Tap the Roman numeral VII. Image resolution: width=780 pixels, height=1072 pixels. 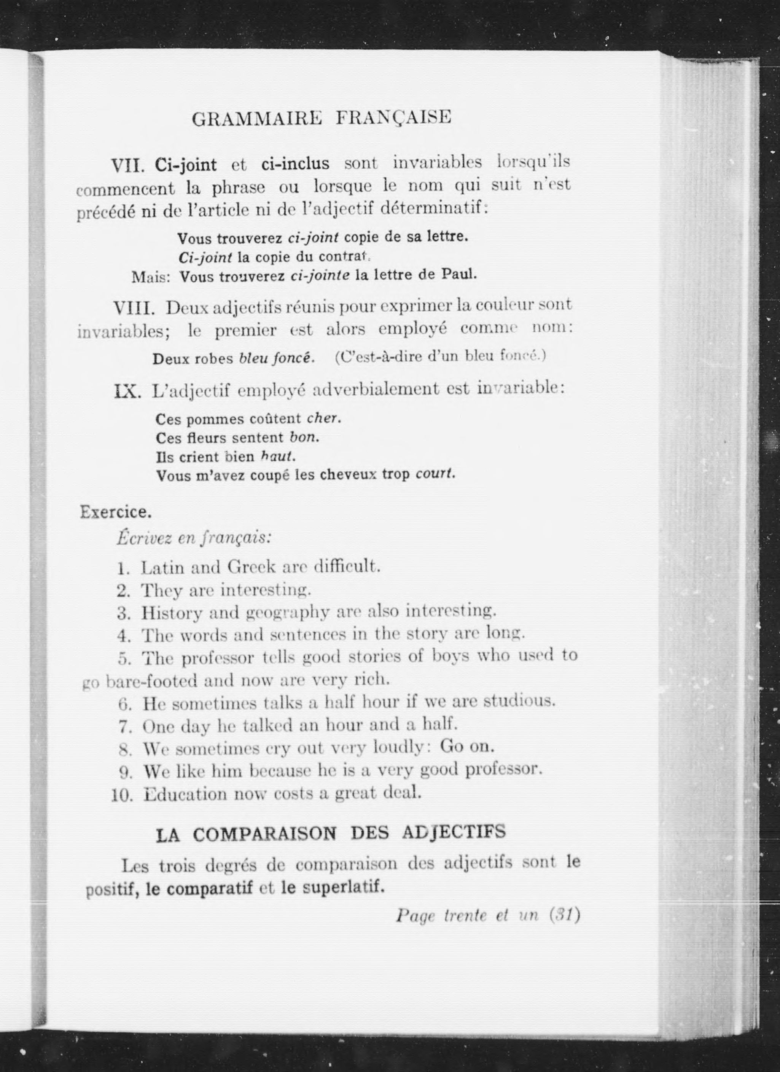pos(130,166)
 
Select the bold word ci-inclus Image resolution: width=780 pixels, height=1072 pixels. pos(295,164)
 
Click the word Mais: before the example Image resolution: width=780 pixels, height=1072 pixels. pos(150,278)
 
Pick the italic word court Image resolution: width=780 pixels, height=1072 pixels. pos(435,474)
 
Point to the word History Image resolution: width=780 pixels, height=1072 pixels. pos(172,613)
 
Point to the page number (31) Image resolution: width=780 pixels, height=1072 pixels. pos(564,916)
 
